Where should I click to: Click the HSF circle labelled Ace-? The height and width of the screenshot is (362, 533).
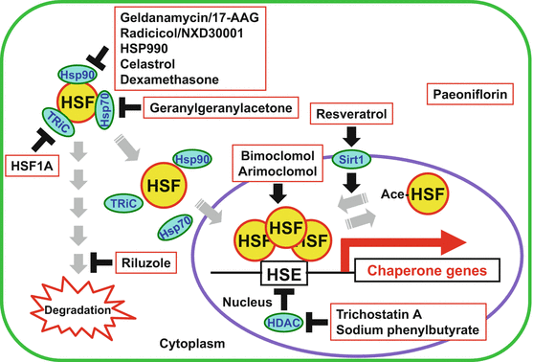pyautogui.click(x=432, y=193)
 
